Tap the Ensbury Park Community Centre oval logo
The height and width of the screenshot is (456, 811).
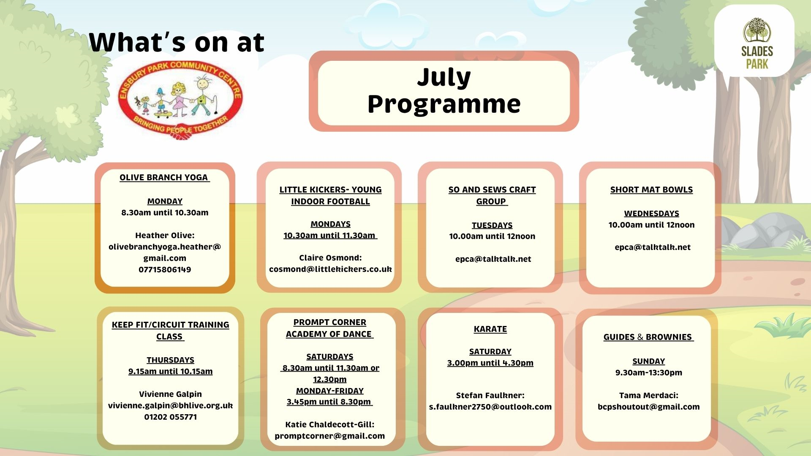(180, 100)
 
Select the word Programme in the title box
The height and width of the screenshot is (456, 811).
(444, 104)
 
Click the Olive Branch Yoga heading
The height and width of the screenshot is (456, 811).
(164, 178)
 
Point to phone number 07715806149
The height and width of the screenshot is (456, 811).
(165, 269)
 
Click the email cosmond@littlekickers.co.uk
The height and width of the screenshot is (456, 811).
(330, 269)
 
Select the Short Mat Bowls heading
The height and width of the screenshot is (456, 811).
(651, 190)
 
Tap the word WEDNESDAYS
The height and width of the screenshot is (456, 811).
(651, 214)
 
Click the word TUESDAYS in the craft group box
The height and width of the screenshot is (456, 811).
(492, 225)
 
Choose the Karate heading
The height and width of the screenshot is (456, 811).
(490, 329)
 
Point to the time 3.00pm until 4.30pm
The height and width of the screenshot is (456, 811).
(490, 363)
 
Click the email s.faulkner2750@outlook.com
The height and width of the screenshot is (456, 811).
(490, 407)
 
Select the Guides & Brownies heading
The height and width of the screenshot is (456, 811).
(648, 337)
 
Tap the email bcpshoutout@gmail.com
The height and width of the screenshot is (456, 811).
(648, 407)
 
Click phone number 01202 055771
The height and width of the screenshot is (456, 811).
(170, 417)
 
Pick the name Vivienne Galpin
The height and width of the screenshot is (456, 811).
(170, 394)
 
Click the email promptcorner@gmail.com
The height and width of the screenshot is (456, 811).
(329, 436)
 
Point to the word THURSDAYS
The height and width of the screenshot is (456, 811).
(170, 360)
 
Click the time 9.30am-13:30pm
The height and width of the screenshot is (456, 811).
(648, 373)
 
